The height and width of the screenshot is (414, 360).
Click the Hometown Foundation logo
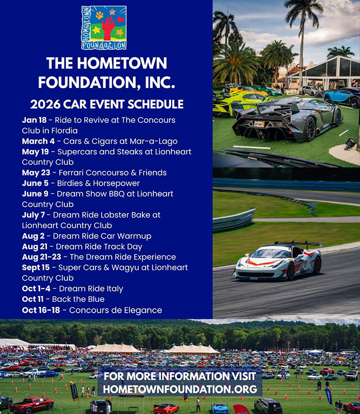point(104,28)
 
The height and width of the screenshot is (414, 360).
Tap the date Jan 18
point(34,120)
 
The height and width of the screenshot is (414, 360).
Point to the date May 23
point(35,173)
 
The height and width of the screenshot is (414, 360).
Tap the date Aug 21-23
point(43,257)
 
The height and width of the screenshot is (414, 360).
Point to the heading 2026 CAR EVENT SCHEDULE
point(106,104)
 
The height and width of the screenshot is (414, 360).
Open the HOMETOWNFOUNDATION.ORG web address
point(180,389)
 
